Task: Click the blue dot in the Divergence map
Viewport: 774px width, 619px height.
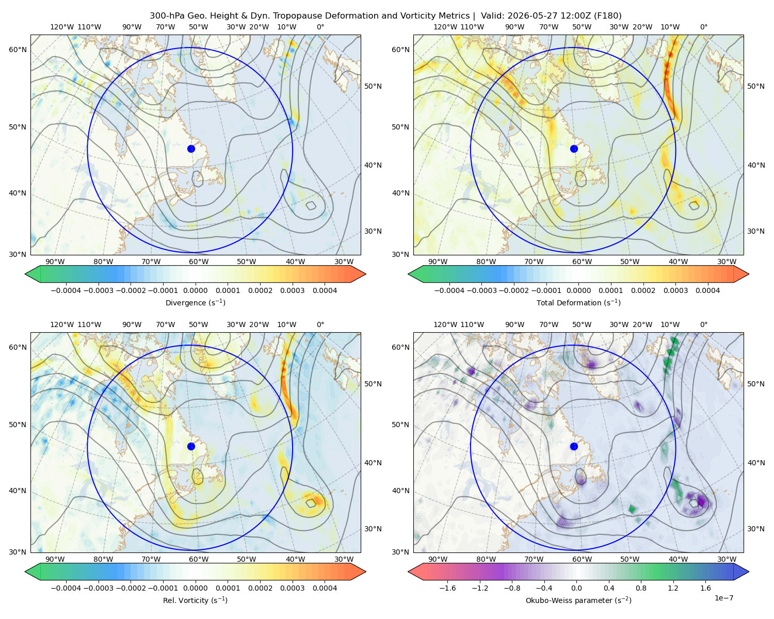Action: (x=191, y=149)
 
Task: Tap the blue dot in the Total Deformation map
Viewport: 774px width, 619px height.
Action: (x=574, y=149)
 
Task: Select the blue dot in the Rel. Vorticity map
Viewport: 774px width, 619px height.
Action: (x=191, y=446)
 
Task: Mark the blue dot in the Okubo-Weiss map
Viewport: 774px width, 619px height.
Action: (x=574, y=446)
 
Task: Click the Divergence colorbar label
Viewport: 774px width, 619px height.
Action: (x=195, y=302)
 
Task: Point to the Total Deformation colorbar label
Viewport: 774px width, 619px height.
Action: (x=578, y=302)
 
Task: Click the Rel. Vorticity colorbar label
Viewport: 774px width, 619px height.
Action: (x=195, y=600)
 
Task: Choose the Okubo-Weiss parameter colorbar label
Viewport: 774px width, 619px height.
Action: (x=578, y=600)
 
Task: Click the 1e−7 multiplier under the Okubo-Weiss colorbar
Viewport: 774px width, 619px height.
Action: (x=723, y=598)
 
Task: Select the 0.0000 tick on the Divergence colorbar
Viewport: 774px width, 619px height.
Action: (x=195, y=290)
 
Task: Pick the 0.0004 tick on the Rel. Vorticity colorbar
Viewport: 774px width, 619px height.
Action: (x=325, y=588)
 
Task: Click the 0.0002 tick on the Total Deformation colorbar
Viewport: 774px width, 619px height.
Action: (x=643, y=290)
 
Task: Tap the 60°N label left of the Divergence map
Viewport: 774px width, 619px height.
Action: (x=18, y=50)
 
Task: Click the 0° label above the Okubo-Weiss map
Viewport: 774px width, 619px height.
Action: (x=703, y=324)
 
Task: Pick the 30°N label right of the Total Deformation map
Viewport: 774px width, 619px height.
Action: (x=756, y=231)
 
